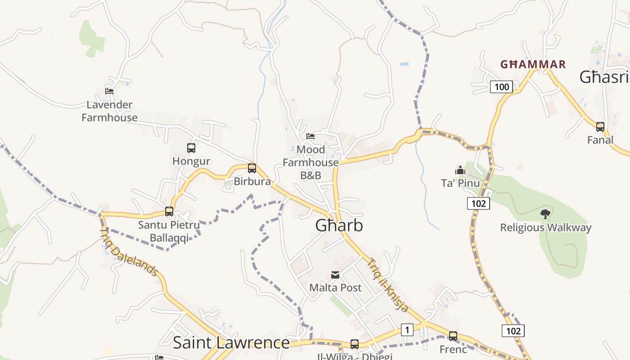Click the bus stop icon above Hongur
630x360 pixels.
[x=191, y=148]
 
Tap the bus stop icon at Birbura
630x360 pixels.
[x=252, y=168]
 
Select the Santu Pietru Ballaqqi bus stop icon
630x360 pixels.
[x=169, y=211]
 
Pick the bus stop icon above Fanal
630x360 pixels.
[x=600, y=127]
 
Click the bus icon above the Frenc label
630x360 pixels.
[x=453, y=336]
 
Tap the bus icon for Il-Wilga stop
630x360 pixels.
[x=355, y=344]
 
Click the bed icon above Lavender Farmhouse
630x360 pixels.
[x=109, y=91]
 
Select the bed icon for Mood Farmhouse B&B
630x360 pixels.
[x=310, y=136]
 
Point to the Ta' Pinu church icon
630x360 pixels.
[x=460, y=170]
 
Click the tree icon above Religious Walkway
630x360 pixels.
[x=545, y=214]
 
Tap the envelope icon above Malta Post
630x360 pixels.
[x=335, y=274]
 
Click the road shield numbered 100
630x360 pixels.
[x=501, y=87]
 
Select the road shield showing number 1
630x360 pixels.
[x=407, y=330]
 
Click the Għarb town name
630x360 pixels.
[x=339, y=225]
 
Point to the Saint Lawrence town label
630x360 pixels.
[x=231, y=342]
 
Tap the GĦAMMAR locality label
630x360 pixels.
[x=533, y=64]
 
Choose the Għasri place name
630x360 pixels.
[x=604, y=77]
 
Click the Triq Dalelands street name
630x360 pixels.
[x=129, y=252]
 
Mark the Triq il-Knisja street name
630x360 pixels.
[x=388, y=284]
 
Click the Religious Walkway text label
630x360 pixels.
[x=545, y=228]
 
